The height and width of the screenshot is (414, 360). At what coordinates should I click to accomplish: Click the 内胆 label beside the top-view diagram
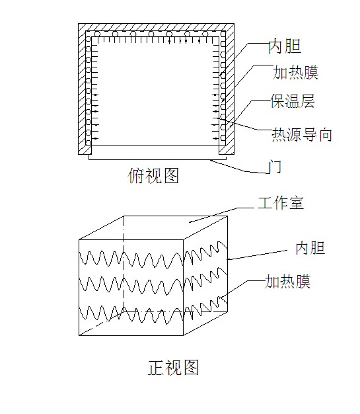[x=285, y=46]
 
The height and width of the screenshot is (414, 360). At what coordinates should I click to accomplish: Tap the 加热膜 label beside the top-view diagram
[x=295, y=72]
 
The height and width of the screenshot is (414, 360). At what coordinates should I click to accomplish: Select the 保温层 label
[x=293, y=101]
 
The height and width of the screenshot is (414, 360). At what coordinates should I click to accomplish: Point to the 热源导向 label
[x=302, y=135]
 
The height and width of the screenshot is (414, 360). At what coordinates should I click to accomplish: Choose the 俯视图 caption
[x=153, y=175]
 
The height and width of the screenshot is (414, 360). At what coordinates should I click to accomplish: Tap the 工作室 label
[x=280, y=203]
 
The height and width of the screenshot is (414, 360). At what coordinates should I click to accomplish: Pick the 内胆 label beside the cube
[x=310, y=248]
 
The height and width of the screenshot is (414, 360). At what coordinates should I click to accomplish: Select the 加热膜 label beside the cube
[x=287, y=282]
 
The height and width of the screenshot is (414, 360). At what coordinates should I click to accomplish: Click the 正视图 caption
[x=173, y=368]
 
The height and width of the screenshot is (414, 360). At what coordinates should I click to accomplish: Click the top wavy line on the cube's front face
[x=131, y=260]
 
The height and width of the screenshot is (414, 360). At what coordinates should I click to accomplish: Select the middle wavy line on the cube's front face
[x=131, y=286]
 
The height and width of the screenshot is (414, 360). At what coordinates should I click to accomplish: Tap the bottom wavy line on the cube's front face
[x=131, y=315]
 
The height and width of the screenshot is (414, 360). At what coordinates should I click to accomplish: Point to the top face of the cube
[x=153, y=228]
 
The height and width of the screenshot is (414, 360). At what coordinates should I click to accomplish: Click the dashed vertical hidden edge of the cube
[x=124, y=264]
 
